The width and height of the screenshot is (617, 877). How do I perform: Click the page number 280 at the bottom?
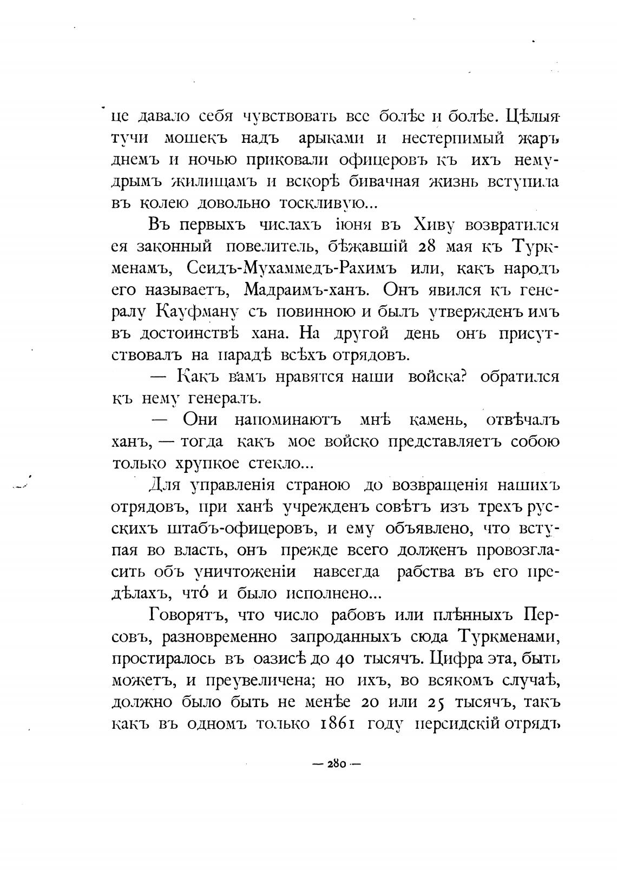[x=337, y=764]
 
